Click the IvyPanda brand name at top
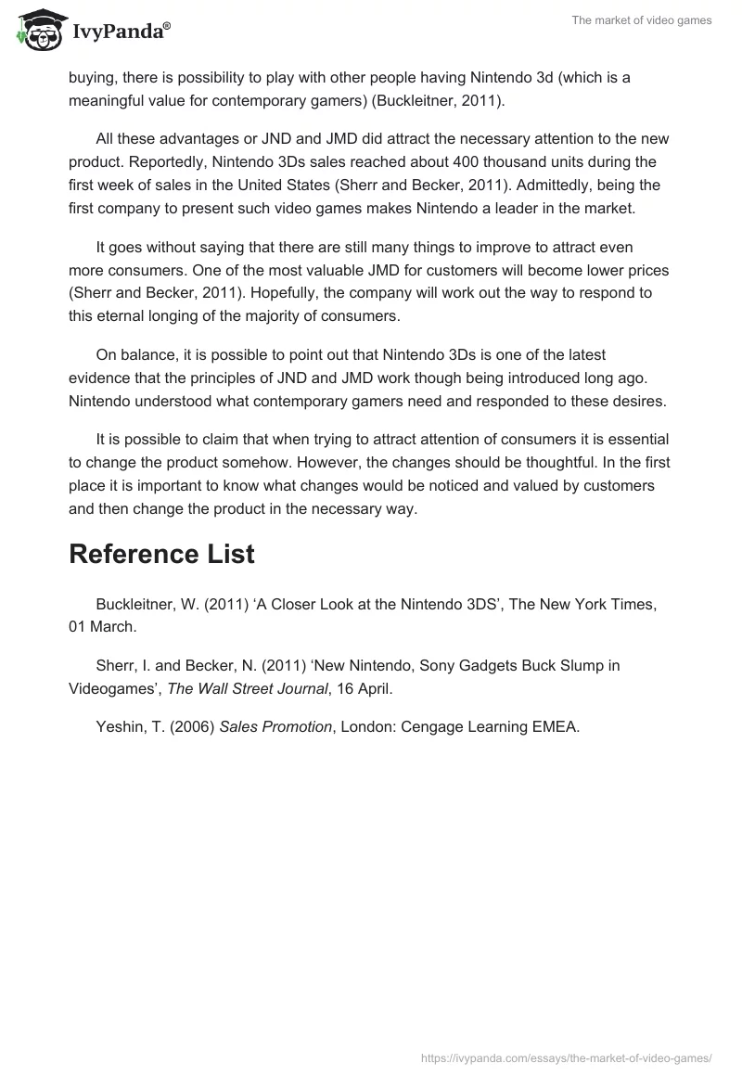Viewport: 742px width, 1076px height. tap(119, 34)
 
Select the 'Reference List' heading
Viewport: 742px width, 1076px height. tap(161, 555)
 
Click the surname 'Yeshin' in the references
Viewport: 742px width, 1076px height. tap(120, 726)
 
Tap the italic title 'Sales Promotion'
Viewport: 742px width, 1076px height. tap(275, 726)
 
